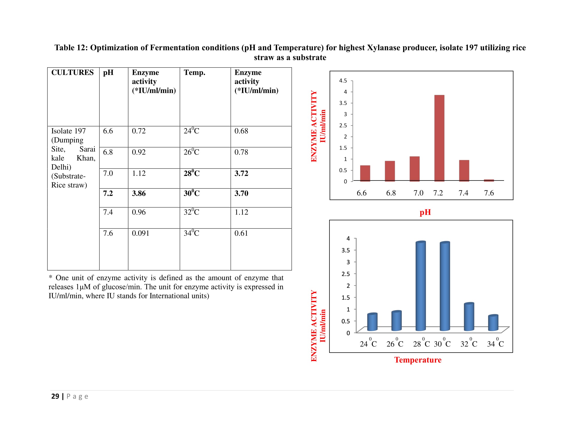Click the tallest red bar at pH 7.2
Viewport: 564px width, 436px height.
(x=439, y=138)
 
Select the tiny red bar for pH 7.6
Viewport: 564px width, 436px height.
(x=489, y=180)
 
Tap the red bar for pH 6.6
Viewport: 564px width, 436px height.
(x=365, y=173)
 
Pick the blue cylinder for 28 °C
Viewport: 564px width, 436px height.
(x=421, y=286)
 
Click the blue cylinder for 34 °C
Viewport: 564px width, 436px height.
(x=493, y=323)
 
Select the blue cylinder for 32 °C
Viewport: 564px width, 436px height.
(x=469, y=317)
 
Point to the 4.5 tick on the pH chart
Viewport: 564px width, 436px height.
(x=343, y=81)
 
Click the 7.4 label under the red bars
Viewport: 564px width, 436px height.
(x=463, y=193)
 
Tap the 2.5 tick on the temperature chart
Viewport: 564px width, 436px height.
(x=346, y=274)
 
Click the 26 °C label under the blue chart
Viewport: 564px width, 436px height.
(x=395, y=344)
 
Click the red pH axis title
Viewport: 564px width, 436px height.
(x=425, y=212)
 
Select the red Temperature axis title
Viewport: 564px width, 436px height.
(x=418, y=360)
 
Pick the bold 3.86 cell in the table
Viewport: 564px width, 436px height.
(x=139, y=193)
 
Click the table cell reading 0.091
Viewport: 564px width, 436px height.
(x=140, y=233)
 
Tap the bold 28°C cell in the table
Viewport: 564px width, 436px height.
(x=191, y=173)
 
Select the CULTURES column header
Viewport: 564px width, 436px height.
(x=72, y=72)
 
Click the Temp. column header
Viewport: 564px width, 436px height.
(x=194, y=72)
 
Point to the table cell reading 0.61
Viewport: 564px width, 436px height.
(x=241, y=233)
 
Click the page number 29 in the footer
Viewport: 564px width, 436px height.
(x=55, y=396)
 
